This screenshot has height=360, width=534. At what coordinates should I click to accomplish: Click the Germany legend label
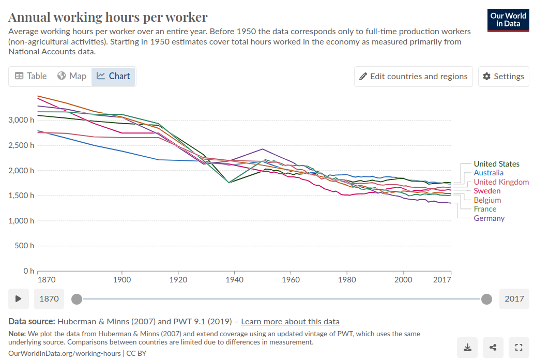pos(489,218)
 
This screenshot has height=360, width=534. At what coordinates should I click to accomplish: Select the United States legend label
pos(496,164)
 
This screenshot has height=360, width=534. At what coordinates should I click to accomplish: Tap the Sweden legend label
pos(487,191)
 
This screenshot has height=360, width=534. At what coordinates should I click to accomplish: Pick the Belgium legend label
pos(487,200)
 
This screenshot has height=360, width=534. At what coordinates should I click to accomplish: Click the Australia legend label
pos(489,173)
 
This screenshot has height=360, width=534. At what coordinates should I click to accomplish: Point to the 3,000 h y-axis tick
pos(21,120)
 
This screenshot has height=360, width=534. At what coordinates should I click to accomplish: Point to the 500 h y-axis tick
pos(25,246)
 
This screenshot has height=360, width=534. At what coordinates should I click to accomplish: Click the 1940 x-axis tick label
pos(235,280)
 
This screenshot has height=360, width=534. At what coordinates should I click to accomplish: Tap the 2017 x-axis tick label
pos(442,280)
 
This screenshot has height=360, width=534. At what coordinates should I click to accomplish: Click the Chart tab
pos(113,76)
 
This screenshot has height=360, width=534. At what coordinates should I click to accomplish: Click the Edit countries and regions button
pos(414,77)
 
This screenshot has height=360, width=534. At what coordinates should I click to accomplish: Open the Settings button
pos(504,77)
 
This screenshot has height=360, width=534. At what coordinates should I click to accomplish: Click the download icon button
pos(467,348)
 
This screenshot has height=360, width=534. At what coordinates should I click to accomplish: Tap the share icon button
pos(493,348)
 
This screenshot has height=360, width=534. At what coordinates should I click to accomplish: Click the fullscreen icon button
pos(518,348)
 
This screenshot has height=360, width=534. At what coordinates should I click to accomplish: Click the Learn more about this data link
pos(290,321)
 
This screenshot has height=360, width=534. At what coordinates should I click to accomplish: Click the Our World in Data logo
pos(508,20)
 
